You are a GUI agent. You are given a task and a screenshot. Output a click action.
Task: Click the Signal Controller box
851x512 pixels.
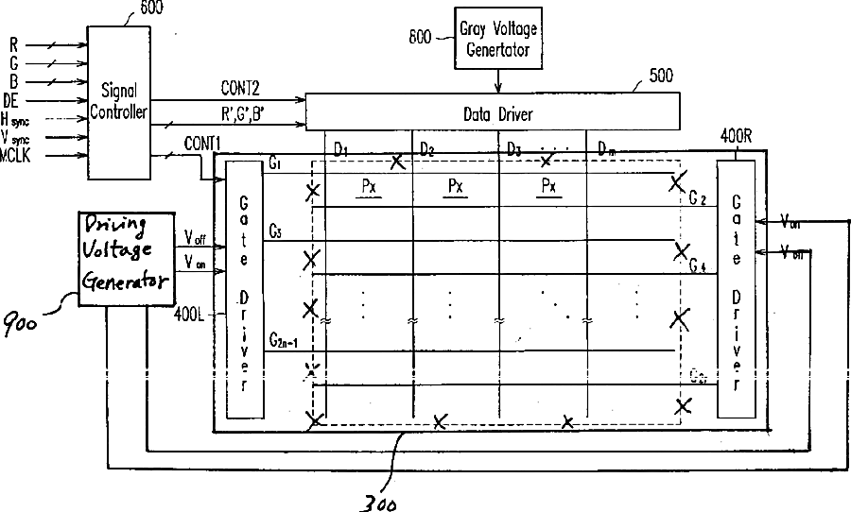click(117, 101)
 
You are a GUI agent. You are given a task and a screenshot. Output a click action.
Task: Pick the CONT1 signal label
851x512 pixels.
click(202, 143)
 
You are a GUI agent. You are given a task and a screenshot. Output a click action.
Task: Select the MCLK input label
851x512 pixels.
click(18, 153)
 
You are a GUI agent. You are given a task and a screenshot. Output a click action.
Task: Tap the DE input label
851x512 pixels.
click(11, 99)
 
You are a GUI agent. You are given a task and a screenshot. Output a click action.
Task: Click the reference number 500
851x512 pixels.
click(660, 77)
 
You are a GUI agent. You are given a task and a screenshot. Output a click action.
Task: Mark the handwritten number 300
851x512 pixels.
click(378, 500)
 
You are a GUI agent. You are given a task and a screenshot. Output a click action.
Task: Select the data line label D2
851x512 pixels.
click(427, 150)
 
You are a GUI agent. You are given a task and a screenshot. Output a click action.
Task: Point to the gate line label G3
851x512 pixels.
click(274, 230)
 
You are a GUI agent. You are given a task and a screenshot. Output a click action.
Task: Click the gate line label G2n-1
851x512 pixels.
click(285, 340)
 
